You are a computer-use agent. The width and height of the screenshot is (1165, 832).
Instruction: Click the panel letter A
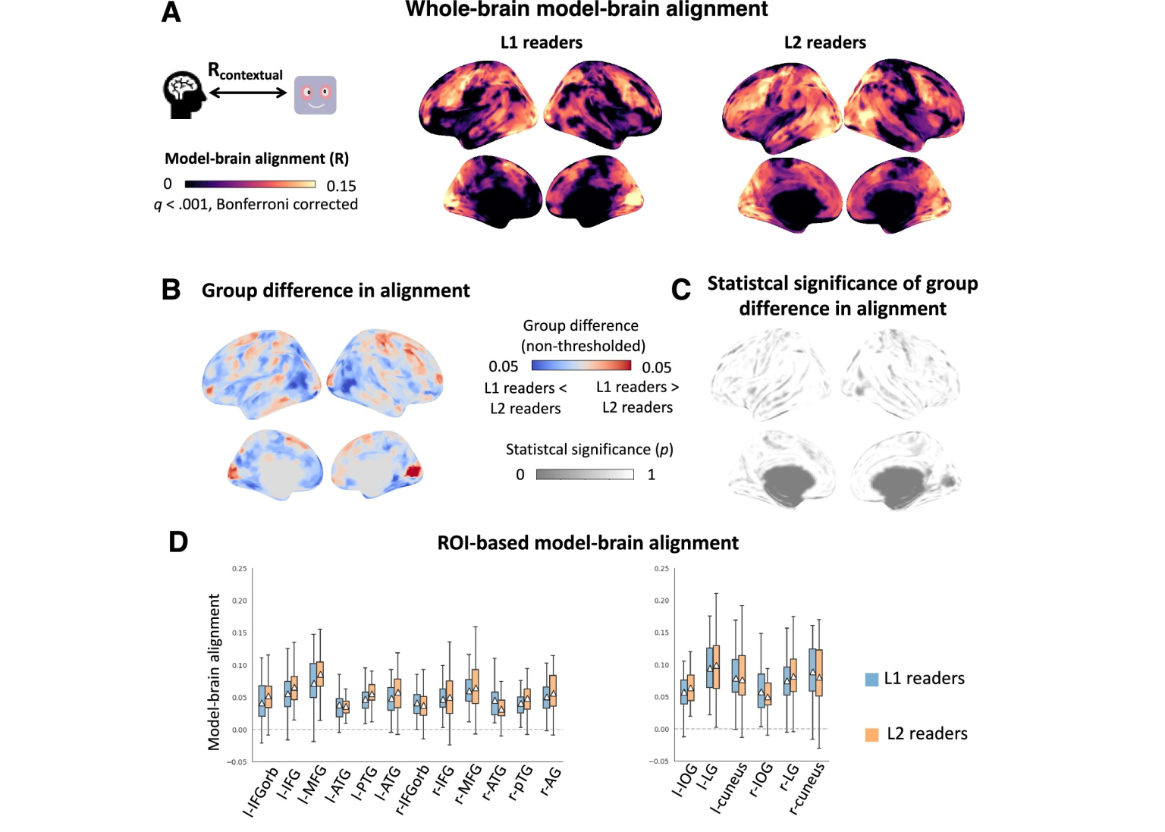(171, 12)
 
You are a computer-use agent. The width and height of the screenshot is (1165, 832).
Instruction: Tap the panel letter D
(177, 542)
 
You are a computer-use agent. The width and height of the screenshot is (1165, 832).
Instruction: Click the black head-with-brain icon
(184, 95)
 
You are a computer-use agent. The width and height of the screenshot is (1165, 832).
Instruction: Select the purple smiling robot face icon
(315, 95)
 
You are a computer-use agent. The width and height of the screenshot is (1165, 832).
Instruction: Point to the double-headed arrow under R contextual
(248, 93)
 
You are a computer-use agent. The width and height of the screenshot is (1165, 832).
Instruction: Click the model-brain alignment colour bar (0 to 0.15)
(250, 184)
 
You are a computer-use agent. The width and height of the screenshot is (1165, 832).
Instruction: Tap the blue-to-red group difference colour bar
(581, 366)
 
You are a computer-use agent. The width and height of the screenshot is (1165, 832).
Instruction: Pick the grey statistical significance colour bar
(584, 475)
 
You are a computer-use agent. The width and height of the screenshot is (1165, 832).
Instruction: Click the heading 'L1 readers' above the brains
(541, 42)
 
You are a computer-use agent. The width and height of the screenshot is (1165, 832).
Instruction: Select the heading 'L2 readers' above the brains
(824, 42)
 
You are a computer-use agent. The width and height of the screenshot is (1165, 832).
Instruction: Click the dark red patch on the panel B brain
(413, 471)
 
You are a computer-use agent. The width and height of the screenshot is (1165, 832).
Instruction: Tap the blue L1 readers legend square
(871, 679)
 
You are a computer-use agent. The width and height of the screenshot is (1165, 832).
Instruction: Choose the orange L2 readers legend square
(871, 734)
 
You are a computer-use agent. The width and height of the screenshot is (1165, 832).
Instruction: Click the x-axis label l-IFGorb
(262, 792)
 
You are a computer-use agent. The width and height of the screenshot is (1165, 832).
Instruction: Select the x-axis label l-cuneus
(729, 789)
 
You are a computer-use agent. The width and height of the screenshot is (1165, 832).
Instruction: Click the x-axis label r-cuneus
(807, 789)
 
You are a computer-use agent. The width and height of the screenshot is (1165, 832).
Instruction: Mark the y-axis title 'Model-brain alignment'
(214, 672)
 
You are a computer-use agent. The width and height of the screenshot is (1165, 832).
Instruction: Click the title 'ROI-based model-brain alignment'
(588, 543)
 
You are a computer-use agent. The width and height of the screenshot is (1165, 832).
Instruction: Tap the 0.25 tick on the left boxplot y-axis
(239, 569)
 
